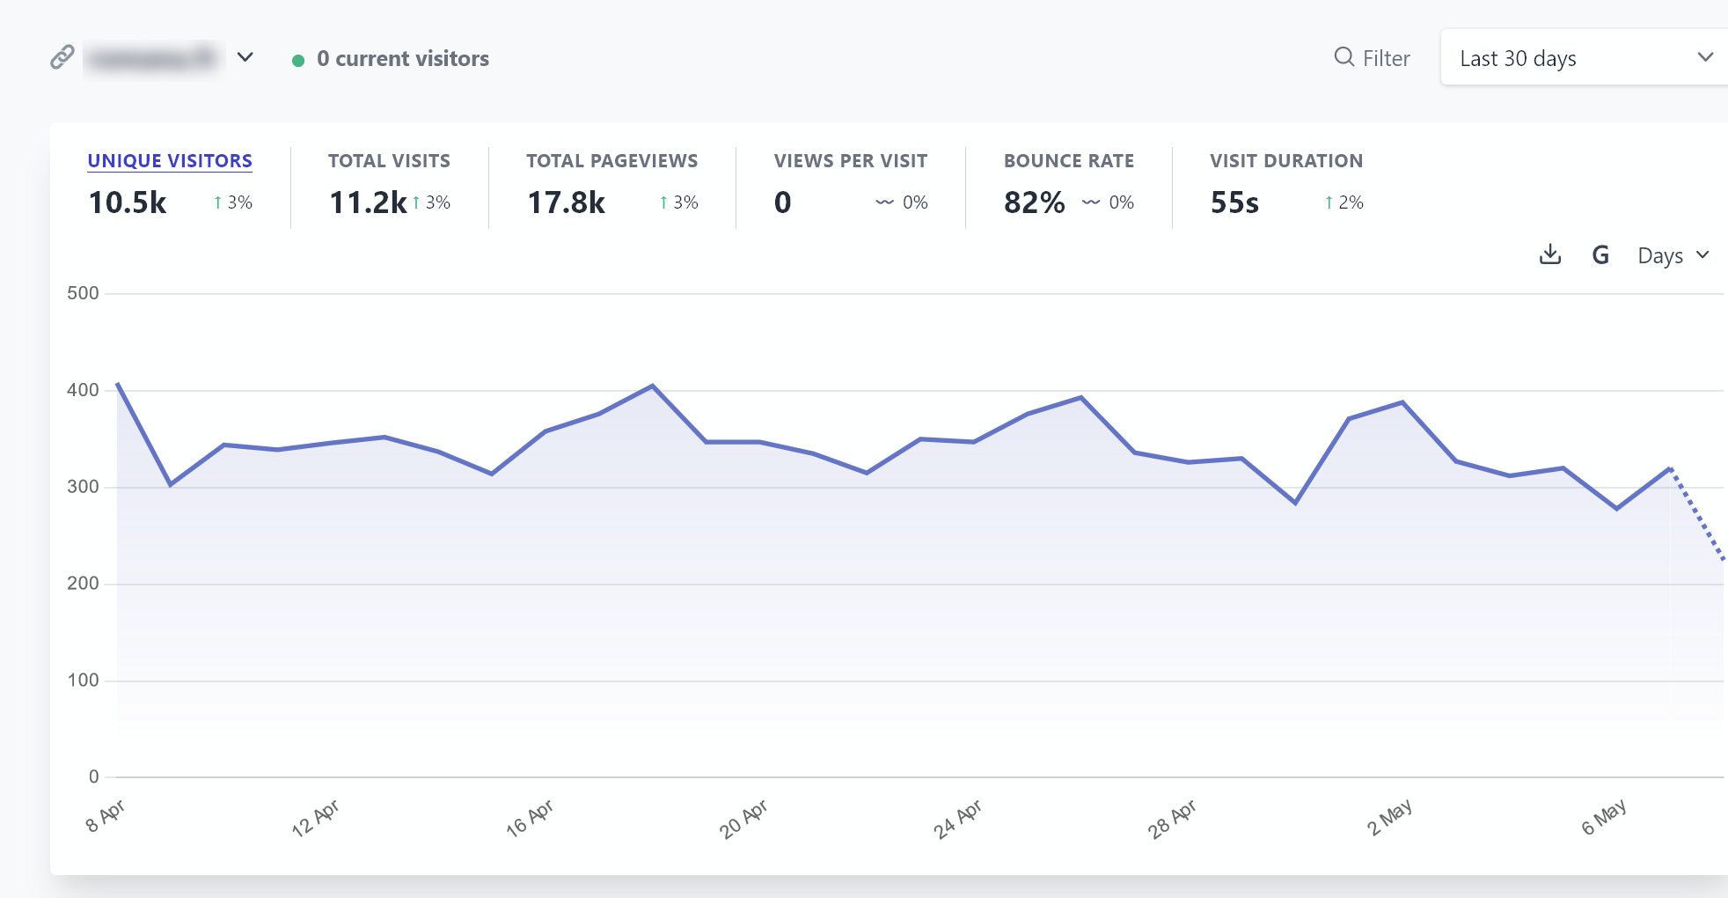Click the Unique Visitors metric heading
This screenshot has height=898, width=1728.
[170, 161]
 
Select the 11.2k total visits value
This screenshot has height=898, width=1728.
[368, 202]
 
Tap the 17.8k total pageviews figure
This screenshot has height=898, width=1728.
[566, 202]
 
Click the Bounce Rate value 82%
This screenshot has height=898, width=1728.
[1034, 202]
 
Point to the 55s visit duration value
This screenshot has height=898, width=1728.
[1234, 202]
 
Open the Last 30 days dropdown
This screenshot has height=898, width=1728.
[1584, 58]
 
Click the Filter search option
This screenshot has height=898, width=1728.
[1373, 58]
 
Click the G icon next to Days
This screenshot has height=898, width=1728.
[1600, 255]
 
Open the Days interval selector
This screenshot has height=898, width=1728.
[1673, 255]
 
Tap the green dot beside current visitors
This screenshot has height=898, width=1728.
[298, 60]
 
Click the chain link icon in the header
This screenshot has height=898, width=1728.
[62, 57]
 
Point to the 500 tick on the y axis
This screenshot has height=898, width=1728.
[83, 293]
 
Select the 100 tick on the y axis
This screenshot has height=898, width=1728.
[83, 681]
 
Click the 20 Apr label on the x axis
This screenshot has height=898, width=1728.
[743, 819]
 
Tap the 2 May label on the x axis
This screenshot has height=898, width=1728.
[1389, 818]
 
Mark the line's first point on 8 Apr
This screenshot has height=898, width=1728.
[118, 385]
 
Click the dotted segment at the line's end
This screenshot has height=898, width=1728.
[1698, 515]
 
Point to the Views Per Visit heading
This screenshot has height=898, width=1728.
[850, 161]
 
